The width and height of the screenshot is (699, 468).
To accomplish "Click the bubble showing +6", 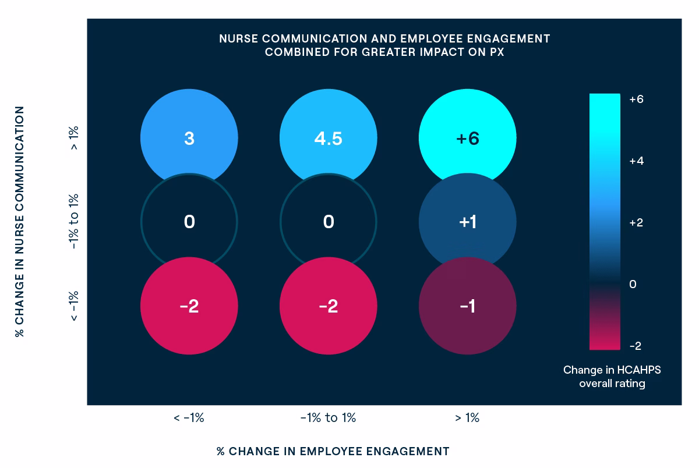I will pyautogui.click(x=467, y=139).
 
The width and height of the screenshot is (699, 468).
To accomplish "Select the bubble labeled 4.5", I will pyautogui.click(x=328, y=139).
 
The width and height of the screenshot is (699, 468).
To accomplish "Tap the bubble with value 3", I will pyautogui.click(x=189, y=139).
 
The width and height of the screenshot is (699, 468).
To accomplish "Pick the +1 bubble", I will pyautogui.click(x=467, y=222).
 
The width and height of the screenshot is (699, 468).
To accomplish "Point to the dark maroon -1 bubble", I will pyautogui.click(x=467, y=306).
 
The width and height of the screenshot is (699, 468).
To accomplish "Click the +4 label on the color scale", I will pyautogui.click(x=636, y=161).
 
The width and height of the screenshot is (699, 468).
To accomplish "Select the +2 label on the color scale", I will pyautogui.click(x=636, y=223).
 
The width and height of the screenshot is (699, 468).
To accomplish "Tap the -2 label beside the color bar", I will pyautogui.click(x=635, y=346).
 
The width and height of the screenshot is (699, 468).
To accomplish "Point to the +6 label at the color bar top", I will pyautogui.click(x=636, y=100).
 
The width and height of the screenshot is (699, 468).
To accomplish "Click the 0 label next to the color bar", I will pyautogui.click(x=633, y=284).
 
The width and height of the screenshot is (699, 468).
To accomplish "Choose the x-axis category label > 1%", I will pyautogui.click(x=467, y=418).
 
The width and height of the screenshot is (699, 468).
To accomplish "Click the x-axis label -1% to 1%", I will pyautogui.click(x=328, y=418).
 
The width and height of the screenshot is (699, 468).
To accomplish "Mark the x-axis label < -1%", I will pyautogui.click(x=189, y=418).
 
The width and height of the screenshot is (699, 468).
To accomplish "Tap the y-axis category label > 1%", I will pyautogui.click(x=74, y=139).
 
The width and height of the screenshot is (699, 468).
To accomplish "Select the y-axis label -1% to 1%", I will pyautogui.click(x=74, y=222).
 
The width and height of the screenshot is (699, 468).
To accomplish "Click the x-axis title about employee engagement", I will pyautogui.click(x=333, y=451).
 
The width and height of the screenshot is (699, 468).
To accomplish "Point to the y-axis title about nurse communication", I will pyautogui.click(x=20, y=222).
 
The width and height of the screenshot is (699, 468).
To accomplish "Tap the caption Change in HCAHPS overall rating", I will pyautogui.click(x=612, y=377).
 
